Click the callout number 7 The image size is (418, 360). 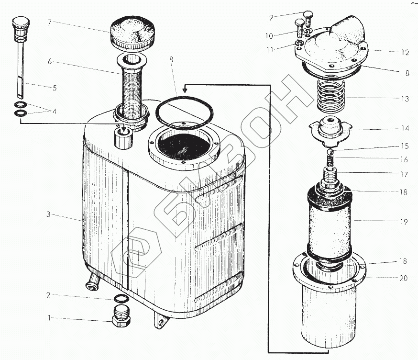click(x=49, y=22)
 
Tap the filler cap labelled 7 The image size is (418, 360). click(x=132, y=34)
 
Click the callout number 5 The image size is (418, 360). click(x=55, y=88)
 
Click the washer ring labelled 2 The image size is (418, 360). click(x=121, y=298)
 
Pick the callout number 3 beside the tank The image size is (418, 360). click(x=48, y=214)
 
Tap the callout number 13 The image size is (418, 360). click(x=405, y=99)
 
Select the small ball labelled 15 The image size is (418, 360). click(x=330, y=152)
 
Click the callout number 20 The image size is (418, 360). click(x=404, y=278)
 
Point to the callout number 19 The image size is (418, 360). click(x=404, y=222)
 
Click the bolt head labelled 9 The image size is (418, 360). click(x=308, y=14)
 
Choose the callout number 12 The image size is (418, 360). click(x=405, y=52)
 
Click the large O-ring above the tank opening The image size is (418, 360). click(x=185, y=113)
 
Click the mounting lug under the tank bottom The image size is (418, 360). click(x=161, y=320)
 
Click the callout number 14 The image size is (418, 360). click(x=405, y=128)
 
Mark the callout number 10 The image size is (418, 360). click(x=269, y=35)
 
